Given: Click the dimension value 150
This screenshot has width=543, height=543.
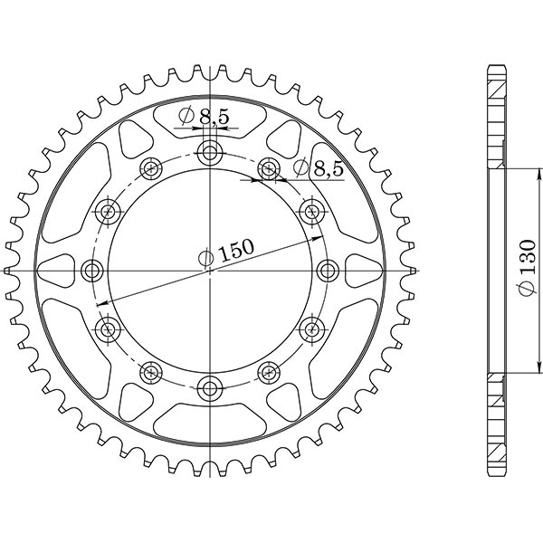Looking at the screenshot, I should pyautogui.click(x=237, y=250).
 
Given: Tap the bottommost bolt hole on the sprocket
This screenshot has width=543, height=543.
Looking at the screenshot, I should pyautogui.click(x=211, y=389).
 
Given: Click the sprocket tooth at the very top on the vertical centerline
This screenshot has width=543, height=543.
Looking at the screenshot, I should pyautogui.click(x=211, y=68).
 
